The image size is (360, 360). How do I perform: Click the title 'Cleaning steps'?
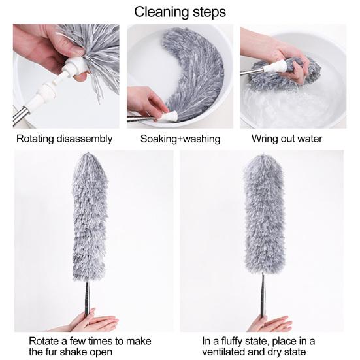point(180,12)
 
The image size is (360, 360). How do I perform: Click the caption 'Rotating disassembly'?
point(65,139)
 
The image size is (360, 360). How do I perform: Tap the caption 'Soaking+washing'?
point(180,139)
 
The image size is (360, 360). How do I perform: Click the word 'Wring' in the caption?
point(266,139)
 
